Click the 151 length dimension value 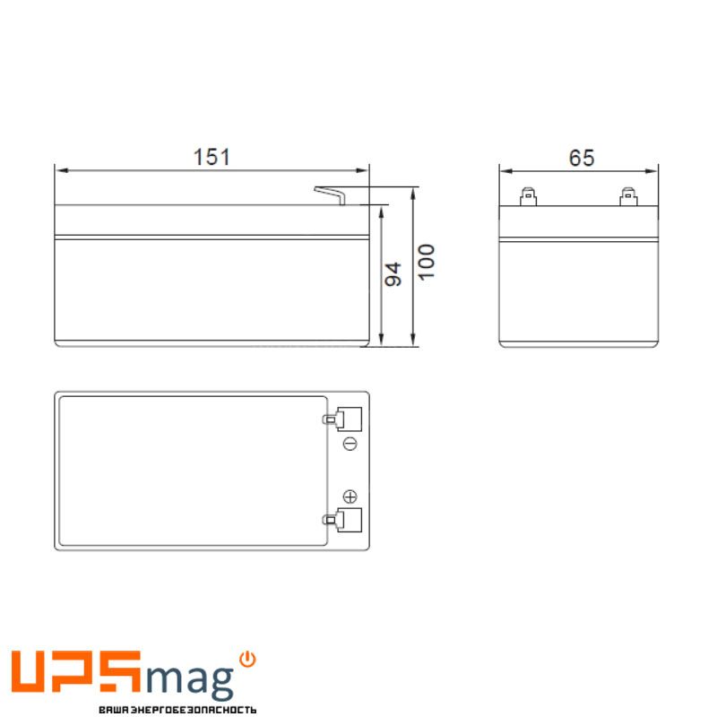coord(212,157)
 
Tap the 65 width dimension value coord(581,158)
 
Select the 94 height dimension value coord(393,274)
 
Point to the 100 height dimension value coord(427,262)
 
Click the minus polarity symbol coord(350,444)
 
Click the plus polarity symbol coord(350,497)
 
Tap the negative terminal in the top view coord(342,419)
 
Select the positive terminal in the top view coord(342,520)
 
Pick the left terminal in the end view coord(528,196)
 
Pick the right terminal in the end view coord(628,196)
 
